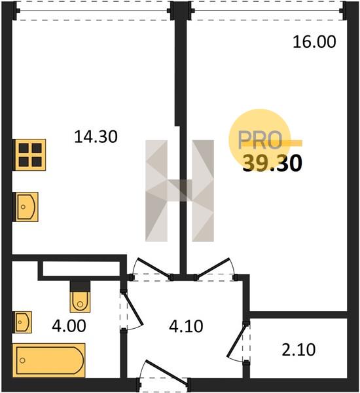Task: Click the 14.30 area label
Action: point(96,137)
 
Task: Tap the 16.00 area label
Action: point(314,42)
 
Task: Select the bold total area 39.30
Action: point(272,163)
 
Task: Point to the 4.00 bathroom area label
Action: point(69,326)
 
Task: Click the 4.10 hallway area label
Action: point(186,327)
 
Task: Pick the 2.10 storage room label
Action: point(298,350)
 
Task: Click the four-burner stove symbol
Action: point(29,155)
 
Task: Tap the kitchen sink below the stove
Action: point(26,207)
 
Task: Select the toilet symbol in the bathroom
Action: point(80,297)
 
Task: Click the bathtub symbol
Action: point(49,360)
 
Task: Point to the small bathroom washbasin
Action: point(22,322)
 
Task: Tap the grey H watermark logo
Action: point(179,191)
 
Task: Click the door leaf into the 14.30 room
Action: point(153,268)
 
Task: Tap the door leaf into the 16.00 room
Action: point(213,268)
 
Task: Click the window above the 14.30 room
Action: point(93,10)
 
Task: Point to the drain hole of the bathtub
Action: point(22,360)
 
